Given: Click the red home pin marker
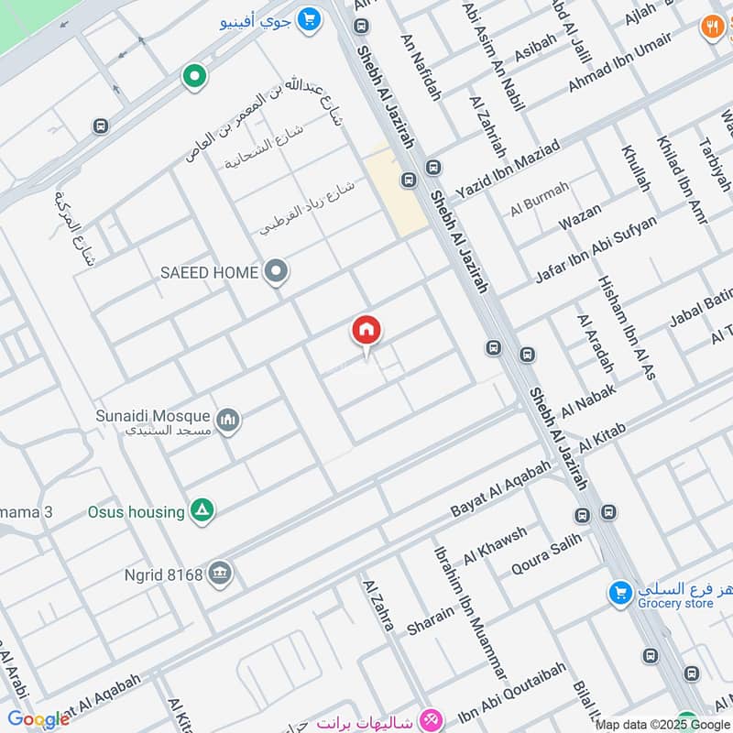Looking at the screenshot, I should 366,332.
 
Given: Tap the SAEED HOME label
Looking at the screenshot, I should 210,272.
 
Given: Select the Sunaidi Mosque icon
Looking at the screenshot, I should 228,421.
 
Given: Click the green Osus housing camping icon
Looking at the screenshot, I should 202,511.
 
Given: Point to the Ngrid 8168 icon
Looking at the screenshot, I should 220,574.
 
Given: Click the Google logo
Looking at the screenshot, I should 38,719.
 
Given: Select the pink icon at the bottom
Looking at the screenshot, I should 431,718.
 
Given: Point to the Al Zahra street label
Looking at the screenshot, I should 378,605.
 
